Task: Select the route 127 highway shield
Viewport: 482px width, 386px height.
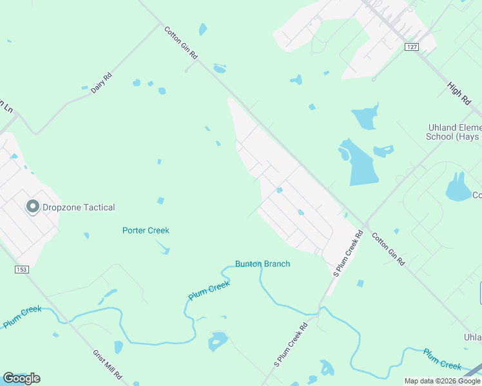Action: (x=412, y=47)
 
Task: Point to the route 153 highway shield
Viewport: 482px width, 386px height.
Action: (x=21, y=270)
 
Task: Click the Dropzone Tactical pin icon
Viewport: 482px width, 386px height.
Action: (x=32, y=207)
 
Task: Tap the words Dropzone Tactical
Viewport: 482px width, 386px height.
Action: (x=79, y=208)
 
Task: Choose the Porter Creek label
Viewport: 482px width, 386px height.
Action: (x=146, y=230)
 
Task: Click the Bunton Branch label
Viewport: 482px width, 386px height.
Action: (x=262, y=264)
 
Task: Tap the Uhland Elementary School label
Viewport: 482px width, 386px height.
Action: (x=454, y=132)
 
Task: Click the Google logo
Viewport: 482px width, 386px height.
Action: (x=21, y=378)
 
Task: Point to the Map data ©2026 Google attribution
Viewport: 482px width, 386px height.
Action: (x=442, y=381)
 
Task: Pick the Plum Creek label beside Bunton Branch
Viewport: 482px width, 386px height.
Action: (x=209, y=291)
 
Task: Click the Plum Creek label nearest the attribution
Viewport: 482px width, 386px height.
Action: (x=442, y=359)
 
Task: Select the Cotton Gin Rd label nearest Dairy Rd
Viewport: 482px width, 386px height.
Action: (x=180, y=43)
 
